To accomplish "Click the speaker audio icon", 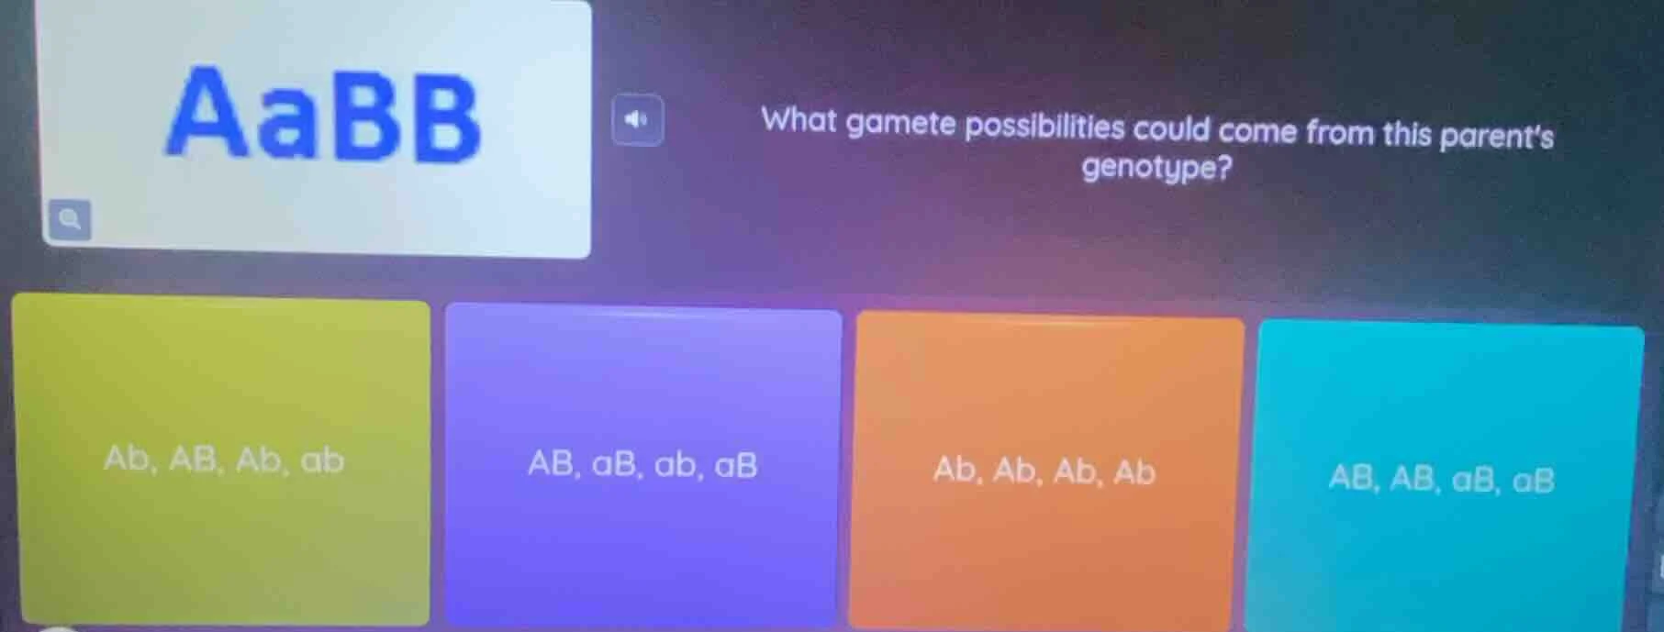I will coord(637,119).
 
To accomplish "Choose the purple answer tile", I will coord(642,466).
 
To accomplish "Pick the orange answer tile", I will coord(1044,471).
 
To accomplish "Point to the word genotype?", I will coord(1156,169).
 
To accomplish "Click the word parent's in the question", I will coord(1496,136).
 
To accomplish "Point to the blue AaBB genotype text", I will coord(323,115).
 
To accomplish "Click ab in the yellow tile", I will coord(322,460).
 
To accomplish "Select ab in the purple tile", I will coord(675,466).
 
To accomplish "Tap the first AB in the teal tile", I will coord(1351,478).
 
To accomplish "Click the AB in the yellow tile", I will coord(194,459).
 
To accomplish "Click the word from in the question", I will coord(1341,133).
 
